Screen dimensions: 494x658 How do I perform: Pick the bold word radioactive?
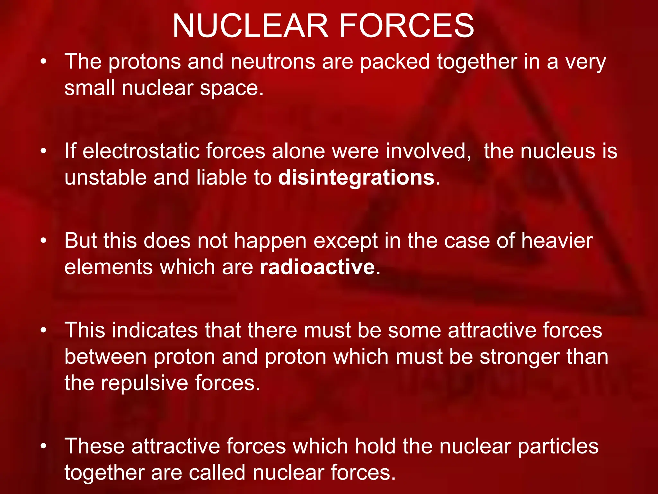pos(317,267)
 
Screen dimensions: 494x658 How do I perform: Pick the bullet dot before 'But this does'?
pos(44,241)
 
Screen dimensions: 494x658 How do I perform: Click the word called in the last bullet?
pos(217,472)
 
